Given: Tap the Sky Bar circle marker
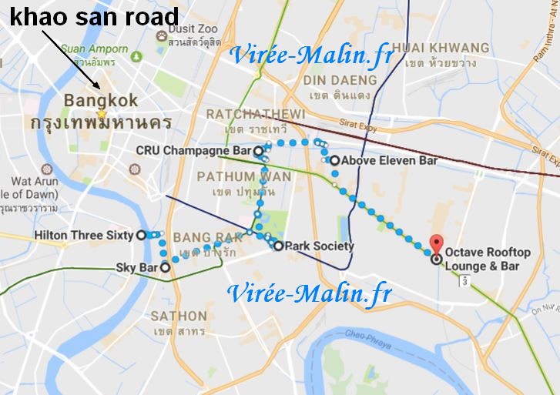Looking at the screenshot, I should click(x=164, y=267).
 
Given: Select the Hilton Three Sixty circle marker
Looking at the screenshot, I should click(x=141, y=236).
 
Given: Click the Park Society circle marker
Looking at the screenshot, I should click(x=279, y=246).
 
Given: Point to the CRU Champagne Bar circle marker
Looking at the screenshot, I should click(x=259, y=151).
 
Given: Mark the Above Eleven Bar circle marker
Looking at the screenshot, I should click(x=334, y=160).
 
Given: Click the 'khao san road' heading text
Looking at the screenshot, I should click(x=93, y=16).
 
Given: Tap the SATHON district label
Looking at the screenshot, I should click(x=179, y=316).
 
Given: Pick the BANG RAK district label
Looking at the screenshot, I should click(x=198, y=236).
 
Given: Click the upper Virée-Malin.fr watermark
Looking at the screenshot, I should click(x=312, y=55).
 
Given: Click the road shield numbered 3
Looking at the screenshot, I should click(x=464, y=283).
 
